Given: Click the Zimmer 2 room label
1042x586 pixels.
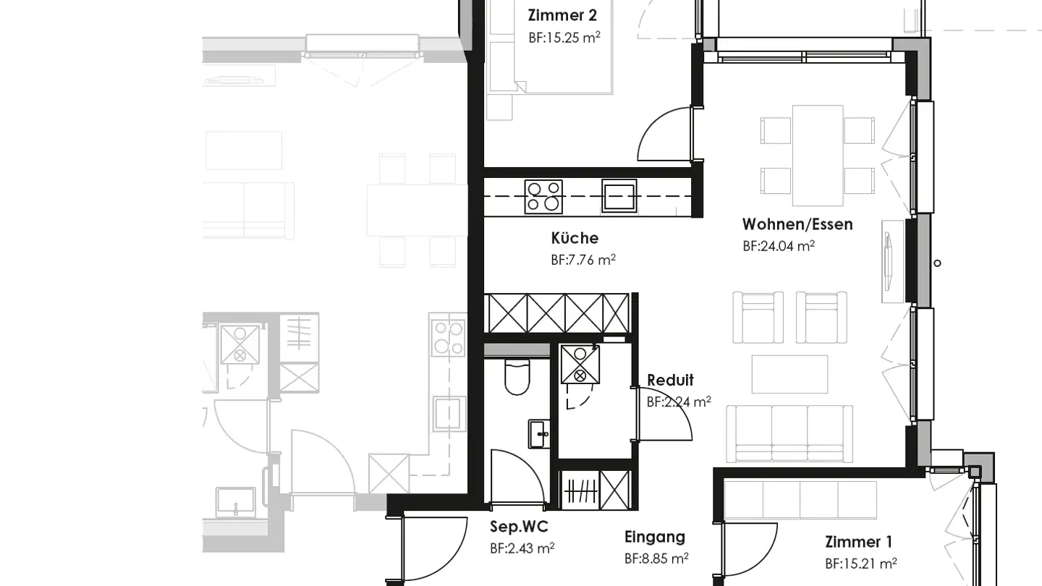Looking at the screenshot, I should point(562,15).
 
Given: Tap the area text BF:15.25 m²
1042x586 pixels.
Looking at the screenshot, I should point(564,38).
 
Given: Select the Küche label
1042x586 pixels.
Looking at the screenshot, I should point(575,238).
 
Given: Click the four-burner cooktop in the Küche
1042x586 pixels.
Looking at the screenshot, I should point(543,197).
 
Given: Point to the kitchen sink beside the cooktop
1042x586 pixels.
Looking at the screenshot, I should point(619,196).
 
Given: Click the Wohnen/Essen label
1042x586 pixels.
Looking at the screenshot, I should point(797,224).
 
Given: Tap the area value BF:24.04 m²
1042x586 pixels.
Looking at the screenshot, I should point(779,246).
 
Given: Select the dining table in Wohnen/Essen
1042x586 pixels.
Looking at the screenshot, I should point(818,155).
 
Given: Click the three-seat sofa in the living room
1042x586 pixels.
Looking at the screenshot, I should point(789,433).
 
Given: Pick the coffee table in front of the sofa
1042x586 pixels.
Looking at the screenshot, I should point(789,373).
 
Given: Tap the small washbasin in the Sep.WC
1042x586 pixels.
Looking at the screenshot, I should point(538,434).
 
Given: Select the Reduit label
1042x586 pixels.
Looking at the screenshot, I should point(670,381).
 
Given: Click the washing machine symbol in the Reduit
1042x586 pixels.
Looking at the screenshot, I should point(580,365).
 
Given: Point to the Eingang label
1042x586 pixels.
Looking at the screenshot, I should point(655,538).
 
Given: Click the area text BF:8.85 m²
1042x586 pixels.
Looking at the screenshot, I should point(656,559).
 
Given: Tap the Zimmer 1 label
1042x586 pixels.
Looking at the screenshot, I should point(858,542).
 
